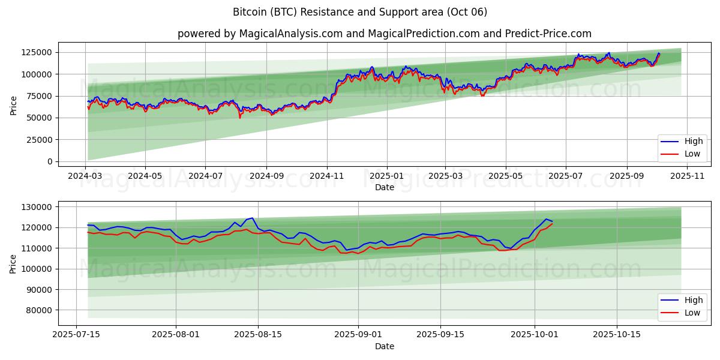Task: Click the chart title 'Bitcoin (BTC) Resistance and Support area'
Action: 360,12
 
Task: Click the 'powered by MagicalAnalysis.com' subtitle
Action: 384,34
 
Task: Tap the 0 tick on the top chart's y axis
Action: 49,161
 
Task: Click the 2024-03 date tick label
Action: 85,176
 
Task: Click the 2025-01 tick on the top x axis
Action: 387,176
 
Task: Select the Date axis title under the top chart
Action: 385,187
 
